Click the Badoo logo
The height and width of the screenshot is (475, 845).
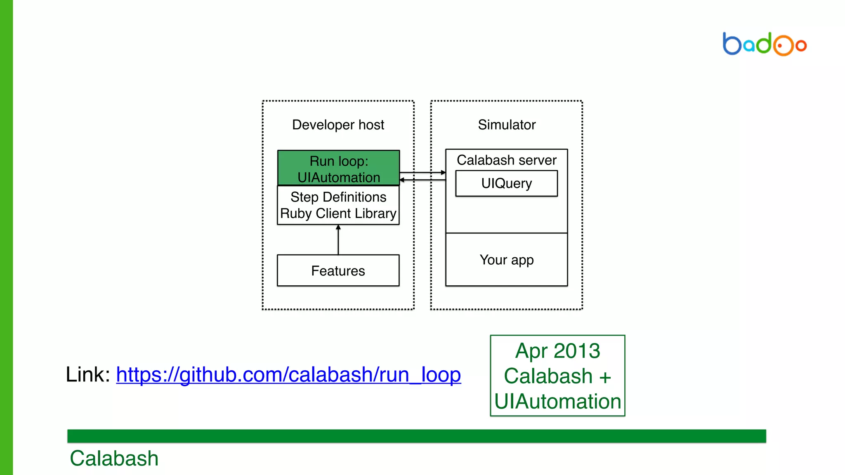764,44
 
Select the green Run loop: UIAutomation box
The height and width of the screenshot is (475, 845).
338,168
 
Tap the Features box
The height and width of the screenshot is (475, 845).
338,270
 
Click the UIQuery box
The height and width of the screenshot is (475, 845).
506,183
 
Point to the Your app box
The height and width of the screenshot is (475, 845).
506,260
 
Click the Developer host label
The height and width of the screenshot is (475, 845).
338,125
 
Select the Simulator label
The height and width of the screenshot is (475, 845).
507,125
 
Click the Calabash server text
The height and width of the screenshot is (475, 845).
506,160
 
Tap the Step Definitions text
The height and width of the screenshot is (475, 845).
338,197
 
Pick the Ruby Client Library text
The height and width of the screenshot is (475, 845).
338,214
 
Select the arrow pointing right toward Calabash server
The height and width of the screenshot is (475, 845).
422,172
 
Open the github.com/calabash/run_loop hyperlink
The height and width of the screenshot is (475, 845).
288,374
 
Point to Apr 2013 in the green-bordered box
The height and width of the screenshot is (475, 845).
557,351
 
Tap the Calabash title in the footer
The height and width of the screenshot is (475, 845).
114,458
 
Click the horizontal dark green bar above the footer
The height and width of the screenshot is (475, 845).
417,436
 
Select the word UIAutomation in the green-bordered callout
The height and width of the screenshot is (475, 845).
557,401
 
